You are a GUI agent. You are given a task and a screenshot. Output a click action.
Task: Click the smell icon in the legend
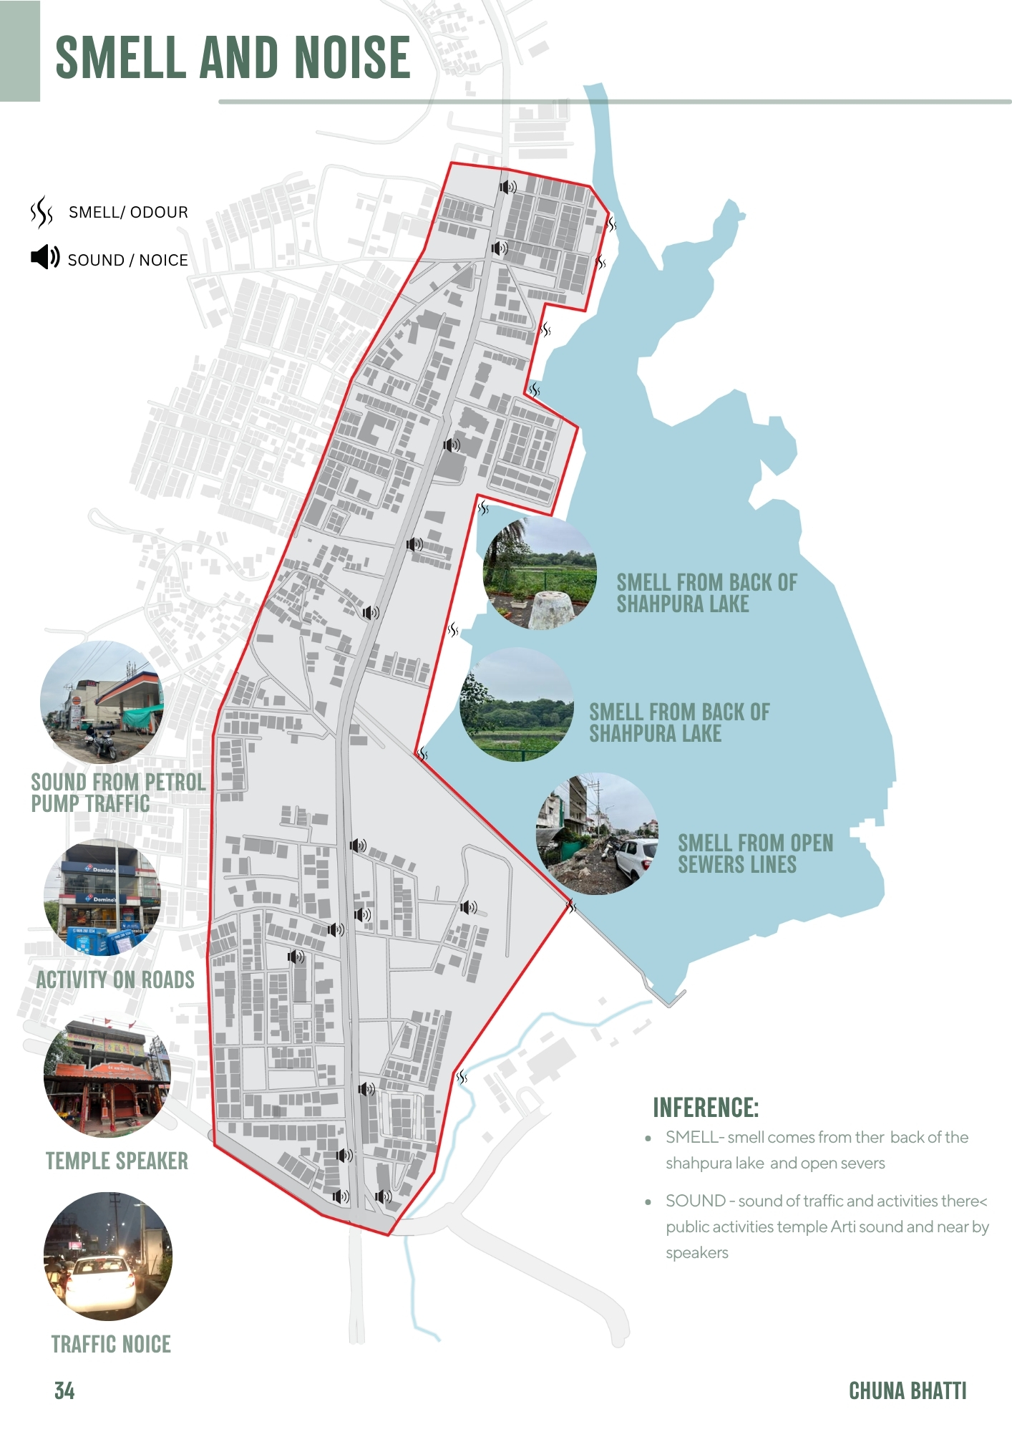[42, 212]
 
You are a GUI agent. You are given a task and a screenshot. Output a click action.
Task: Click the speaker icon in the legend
[45, 257]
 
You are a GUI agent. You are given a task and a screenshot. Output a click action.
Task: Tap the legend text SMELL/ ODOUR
[128, 213]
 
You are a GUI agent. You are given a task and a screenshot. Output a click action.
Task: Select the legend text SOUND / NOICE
[127, 260]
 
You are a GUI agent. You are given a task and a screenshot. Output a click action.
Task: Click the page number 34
[64, 1390]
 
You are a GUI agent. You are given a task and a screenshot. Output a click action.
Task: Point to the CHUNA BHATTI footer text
[907, 1390]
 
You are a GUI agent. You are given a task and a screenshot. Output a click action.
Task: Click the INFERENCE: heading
[705, 1108]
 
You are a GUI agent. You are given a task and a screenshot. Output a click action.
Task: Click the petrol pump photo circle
[102, 702]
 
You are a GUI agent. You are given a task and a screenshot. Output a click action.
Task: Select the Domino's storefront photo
[102, 898]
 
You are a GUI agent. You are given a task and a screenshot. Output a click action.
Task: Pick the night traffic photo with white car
[107, 1256]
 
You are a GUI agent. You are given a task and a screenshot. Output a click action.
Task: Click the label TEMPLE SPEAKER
[117, 1161]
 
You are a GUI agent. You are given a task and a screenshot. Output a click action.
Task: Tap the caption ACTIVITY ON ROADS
[115, 979]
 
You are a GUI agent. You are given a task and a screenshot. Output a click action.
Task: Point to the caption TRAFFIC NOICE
[111, 1344]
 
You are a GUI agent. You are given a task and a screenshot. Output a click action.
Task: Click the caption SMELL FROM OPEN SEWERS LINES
[755, 853]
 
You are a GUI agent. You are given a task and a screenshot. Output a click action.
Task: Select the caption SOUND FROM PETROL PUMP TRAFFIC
[118, 793]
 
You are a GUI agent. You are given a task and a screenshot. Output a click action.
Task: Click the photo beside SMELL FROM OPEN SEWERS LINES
[597, 833]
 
